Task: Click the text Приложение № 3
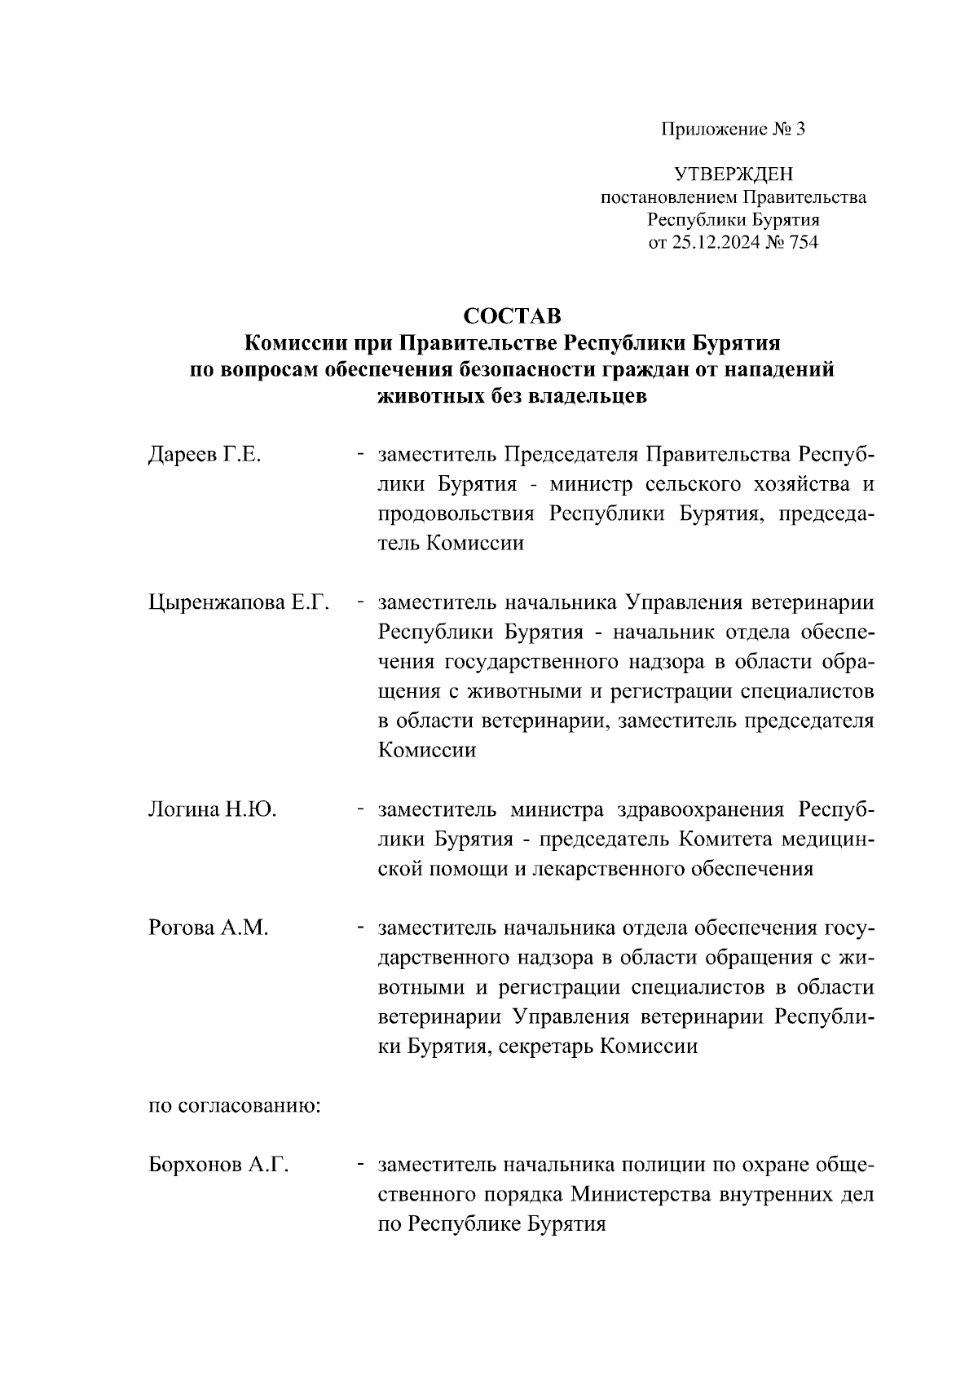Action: tap(733, 129)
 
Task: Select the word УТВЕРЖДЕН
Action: tap(733, 174)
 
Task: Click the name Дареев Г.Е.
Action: tap(205, 455)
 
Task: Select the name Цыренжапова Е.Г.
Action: tap(239, 603)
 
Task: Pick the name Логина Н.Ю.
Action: tap(213, 810)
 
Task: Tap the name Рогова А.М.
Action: tap(209, 928)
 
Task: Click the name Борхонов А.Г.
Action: tap(219, 1166)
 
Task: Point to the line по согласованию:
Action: tap(234, 1106)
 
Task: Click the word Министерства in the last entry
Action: tap(642, 1195)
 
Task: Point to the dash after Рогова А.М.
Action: tap(359, 928)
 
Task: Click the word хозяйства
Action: tap(786, 484)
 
